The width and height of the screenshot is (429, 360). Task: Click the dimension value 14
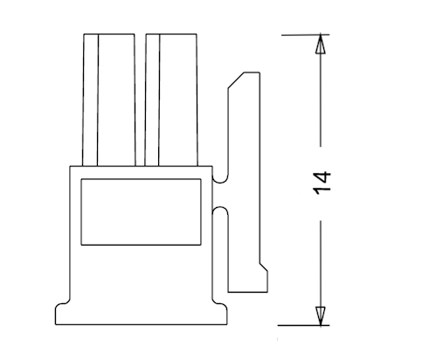pyautogui.click(x=322, y=183)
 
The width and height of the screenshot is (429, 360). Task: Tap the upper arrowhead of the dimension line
pyautogui.click(x=321, y=45)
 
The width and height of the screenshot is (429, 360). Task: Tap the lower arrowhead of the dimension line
pyautogui.click(x=321, y=315)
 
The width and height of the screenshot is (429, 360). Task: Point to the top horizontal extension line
pyautogui.click(x=305, y=35)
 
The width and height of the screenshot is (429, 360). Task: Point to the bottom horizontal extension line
pyautogui.click(x=303, y=325)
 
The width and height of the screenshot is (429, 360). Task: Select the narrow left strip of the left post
pyautogui.click(x=90, y=100)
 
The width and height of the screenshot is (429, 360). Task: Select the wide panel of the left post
pyautogui.click(x=116, y=100)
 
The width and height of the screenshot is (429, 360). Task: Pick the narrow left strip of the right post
pyautogui.click(x=152, y=100)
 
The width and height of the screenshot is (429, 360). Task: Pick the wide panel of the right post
pyautogui.click(x=178, y=100)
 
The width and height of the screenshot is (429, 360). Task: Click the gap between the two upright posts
pyautogui.click(x=141, y=100)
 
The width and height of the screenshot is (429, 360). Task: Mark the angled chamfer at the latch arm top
pyautogui.click(x=236, y=80)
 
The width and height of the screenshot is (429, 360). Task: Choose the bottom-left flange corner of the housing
pyautogui.click(x=55, y=324)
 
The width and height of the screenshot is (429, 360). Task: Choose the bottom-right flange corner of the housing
pyautogui.click(x=227, y=324)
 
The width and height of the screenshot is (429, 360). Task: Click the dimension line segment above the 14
pyautogui.click(x=321, y=100)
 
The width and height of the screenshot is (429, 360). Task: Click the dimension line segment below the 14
pyautogui.click(x=321, y=263)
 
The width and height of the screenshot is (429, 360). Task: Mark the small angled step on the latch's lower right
pyautogui.click(x=264, y=267)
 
